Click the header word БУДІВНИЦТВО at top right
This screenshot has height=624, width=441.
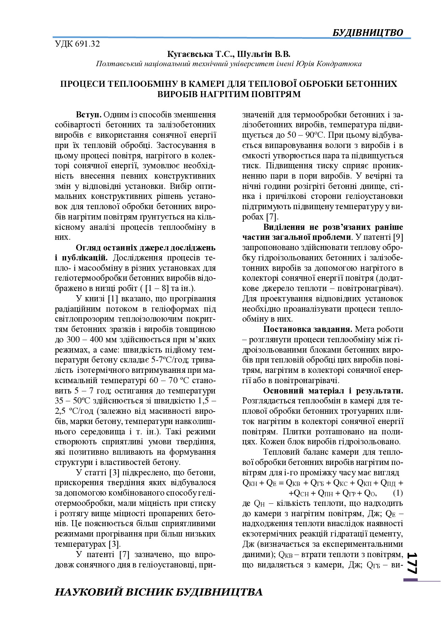pos(368,32)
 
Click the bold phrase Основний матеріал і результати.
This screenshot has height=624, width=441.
pos(333,391)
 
